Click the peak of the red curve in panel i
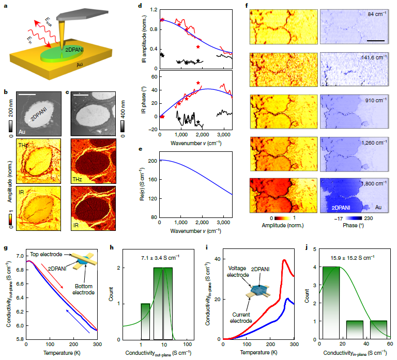284,260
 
